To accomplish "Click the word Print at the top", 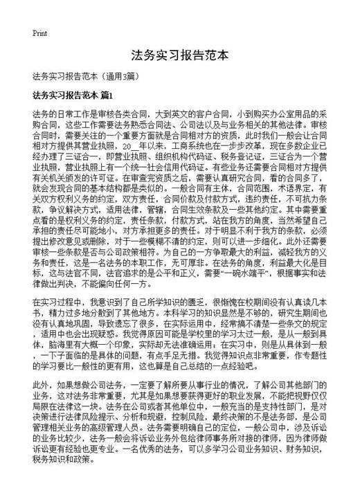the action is click(x=39, y=33).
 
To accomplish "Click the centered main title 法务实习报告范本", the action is click(x=179, y=55).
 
